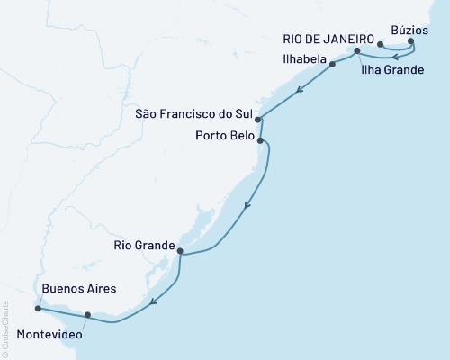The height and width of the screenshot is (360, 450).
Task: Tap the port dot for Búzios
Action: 411,41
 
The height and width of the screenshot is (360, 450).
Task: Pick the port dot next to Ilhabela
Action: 332,65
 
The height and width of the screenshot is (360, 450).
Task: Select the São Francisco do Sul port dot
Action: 258,119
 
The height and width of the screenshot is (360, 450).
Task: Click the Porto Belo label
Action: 221,136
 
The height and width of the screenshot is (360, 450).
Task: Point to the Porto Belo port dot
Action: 260,140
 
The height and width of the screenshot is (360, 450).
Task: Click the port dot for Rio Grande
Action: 181,251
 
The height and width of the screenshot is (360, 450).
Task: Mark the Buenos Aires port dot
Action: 37,308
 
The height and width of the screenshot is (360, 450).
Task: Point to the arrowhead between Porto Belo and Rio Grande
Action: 246,207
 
